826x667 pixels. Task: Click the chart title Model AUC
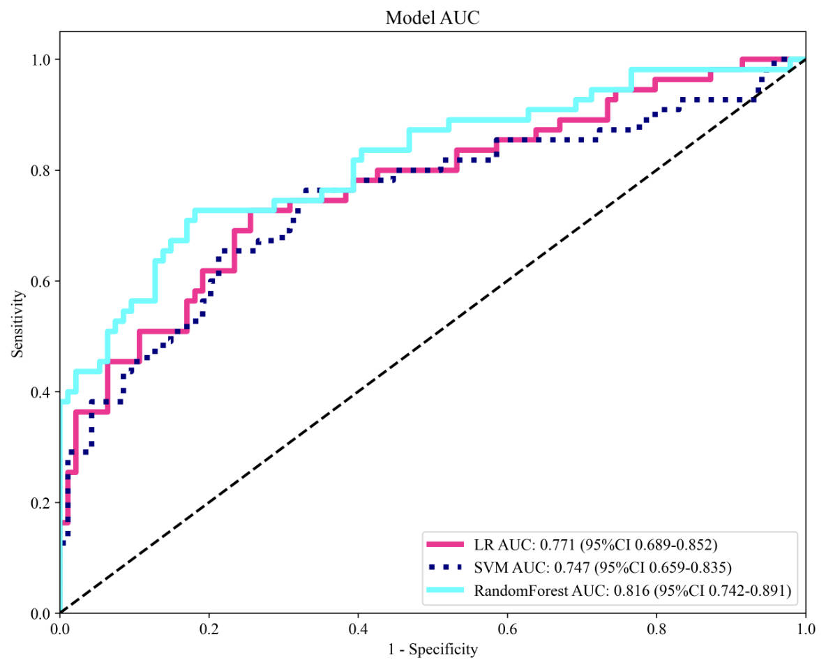click(433, 19)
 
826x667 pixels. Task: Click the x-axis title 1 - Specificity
click(433, 650)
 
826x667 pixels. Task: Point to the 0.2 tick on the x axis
click(209, 629)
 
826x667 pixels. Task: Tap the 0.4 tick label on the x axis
click(359, 629)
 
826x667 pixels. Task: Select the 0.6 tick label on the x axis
click(508, 629)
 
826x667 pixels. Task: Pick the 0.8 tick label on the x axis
click(657, 629)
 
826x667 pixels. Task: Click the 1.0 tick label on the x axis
click(806, 629)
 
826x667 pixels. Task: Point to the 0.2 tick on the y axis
click(43, 503)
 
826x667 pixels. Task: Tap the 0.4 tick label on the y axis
click(43, 392)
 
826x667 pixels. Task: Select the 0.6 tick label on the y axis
click(43, 281)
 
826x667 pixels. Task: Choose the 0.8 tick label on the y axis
click(43, 170)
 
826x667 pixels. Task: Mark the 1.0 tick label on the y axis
click(43, 59)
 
